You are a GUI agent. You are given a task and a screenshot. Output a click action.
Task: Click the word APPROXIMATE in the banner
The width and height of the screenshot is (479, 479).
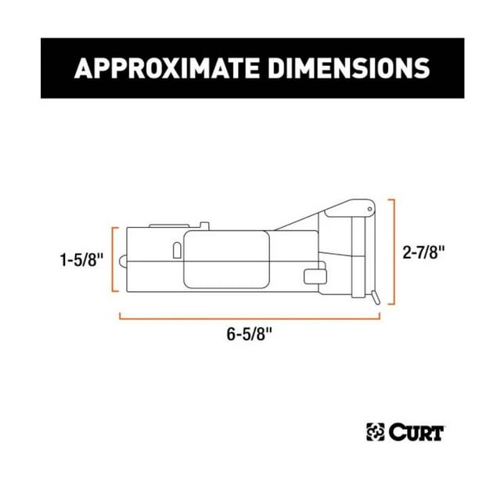coord(167,68)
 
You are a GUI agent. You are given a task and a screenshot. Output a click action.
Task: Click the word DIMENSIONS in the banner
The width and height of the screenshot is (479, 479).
coord(349,68)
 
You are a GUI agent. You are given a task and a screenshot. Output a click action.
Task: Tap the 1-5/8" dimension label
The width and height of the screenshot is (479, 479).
coord(81,261)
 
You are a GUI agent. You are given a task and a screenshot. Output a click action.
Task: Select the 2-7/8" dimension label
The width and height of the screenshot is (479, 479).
coord(423,253)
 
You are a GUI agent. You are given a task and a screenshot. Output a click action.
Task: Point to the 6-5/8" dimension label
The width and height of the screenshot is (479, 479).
coord(249,333)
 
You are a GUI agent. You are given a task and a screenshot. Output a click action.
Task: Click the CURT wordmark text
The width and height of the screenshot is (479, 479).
coord(416,432)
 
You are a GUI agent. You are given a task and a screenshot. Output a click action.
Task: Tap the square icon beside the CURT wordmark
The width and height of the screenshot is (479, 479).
coord(376,432)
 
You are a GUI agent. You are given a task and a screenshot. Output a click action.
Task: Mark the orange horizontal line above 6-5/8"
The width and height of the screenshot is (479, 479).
coord(250,319)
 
